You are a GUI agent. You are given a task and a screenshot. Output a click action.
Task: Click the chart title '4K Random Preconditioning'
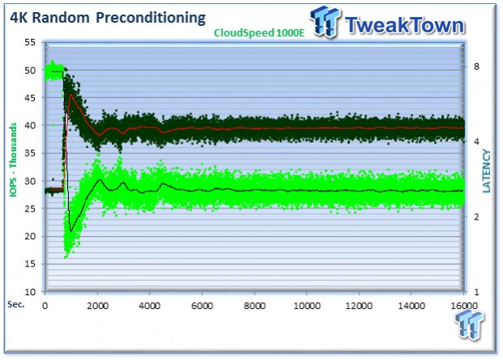click(x=107, y=18)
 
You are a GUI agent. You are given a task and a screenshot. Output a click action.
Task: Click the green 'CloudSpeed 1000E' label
click(x=259, y=32)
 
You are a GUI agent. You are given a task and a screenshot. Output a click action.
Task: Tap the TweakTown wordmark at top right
click(x=405, y=24)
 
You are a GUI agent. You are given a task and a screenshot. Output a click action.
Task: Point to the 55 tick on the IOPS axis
click(x=30, y=42)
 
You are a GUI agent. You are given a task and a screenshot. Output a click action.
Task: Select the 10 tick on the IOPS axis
click(x=30, y=292)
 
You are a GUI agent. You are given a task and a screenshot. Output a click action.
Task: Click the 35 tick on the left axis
click(x=30, y=153)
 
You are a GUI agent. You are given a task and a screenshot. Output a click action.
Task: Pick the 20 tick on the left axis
click(x=30, y=236)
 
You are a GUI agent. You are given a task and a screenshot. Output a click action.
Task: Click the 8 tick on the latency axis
click(x=476, y=66)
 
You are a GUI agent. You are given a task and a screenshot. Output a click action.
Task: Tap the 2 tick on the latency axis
click(x=476, y=216)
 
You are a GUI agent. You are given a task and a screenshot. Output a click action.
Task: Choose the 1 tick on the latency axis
click(x=476, y=292)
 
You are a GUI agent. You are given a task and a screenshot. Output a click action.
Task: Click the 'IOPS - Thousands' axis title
click(x=13, y=160)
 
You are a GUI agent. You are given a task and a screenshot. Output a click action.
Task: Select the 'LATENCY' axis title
click(x=487, y=171)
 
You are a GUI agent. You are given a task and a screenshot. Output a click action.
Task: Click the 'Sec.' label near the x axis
click(x=15, y=304)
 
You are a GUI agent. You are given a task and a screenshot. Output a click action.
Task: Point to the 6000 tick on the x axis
click(x=202, y=306)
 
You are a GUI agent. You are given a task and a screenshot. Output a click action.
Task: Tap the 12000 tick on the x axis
click(x=359, y=306)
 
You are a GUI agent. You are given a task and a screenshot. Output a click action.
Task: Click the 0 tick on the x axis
click(x=45, y=306)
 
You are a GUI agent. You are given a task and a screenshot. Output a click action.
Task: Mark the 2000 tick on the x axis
click(x=97, y=306)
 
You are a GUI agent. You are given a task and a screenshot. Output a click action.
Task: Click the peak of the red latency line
click(x=71, y=95)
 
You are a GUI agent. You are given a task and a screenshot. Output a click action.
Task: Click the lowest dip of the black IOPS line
click(x=71, y=231)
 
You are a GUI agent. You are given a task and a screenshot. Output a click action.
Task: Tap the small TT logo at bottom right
click(x=469, y=324)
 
